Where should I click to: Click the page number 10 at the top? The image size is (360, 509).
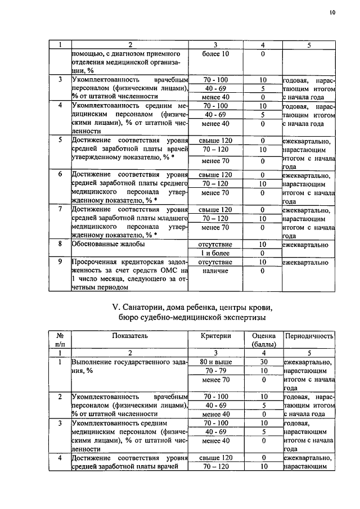332,11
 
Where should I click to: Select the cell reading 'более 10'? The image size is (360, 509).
216,53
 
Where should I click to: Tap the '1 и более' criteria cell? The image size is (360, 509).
216,253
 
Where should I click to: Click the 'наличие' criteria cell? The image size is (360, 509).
216,271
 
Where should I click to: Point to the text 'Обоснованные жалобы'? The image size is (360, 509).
107,244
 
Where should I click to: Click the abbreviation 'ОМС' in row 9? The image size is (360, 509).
168,271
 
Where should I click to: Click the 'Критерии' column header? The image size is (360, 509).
216,336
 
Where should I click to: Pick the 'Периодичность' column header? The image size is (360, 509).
309,336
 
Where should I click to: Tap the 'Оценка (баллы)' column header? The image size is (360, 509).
263,340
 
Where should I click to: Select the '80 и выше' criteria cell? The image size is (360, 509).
216,362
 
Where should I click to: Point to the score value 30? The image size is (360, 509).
263,362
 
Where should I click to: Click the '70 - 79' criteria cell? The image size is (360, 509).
216,371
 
